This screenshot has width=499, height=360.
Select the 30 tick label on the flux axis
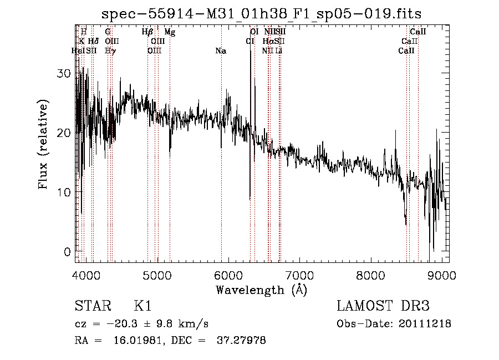[x=66, y=73]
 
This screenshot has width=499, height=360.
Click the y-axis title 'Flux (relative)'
[x=43, y=144]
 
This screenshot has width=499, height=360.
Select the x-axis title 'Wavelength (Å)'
[x=261, y=290]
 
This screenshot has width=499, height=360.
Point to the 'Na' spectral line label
[x=221, y=51]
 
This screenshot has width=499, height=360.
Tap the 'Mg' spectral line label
[x=170, y=32]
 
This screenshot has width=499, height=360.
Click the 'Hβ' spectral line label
[x=147, y=32]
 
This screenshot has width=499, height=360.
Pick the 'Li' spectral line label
[x=279, y=51]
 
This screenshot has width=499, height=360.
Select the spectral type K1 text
[x=142, y=306]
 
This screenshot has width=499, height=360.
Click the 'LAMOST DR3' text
[x=383, y=306]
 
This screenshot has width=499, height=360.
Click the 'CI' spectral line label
[x=250, y=42]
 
